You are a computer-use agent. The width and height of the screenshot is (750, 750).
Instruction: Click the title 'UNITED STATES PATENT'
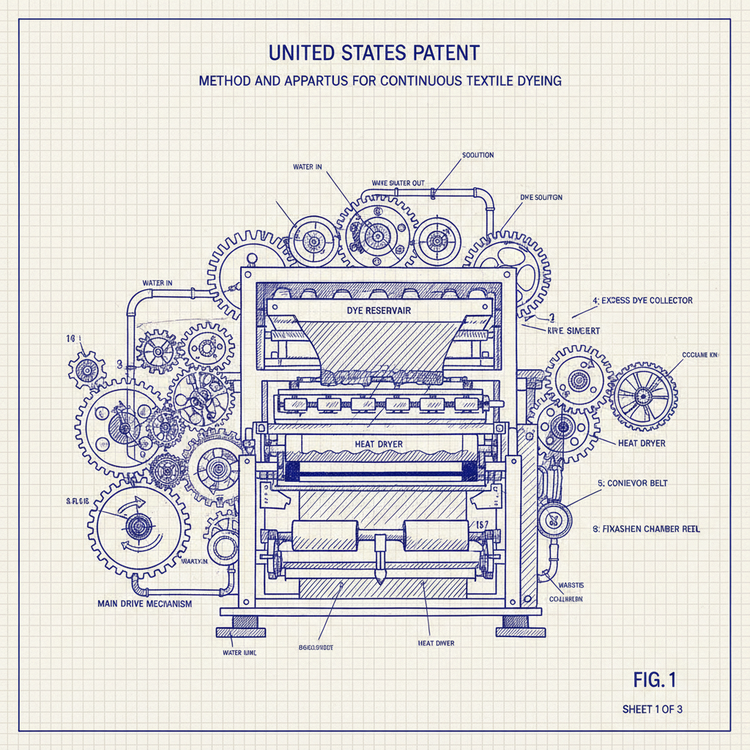pyautogui.click(x=374, y=53)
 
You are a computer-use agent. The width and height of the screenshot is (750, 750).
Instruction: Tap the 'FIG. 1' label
pyautogui.click(x=654, y=680)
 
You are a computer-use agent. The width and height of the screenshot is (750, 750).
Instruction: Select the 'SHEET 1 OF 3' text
pyautogui.click(x=653, y=709)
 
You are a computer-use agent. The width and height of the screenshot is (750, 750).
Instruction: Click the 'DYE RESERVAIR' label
pyautogui.click(x=379, y=311)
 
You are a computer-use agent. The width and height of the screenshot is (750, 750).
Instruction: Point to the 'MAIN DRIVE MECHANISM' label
pyautogui.click(x=144, y=604)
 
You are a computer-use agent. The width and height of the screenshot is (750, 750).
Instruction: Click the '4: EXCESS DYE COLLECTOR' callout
pyautogui.click(x=642, y=300)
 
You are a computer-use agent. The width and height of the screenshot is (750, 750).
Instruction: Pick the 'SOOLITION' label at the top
pyautogui.click(x=478, y=155)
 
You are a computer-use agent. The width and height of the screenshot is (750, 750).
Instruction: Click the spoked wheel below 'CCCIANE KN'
pyautogui.click(x=644, y=396)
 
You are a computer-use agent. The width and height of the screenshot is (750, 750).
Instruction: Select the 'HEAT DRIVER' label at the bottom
pyautogui.click(x=436, y=643)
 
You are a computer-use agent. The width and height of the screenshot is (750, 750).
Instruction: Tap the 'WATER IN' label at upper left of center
pyautogui.click(x=308, y=168)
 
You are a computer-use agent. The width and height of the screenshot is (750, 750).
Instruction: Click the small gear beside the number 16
pyautogui.click(x=86, y=370)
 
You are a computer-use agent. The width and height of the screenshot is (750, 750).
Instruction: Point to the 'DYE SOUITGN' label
pyautogui.click(x=541, y=198)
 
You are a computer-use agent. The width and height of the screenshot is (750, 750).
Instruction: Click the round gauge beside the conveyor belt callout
pyautogui.click(x=555, y=520)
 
